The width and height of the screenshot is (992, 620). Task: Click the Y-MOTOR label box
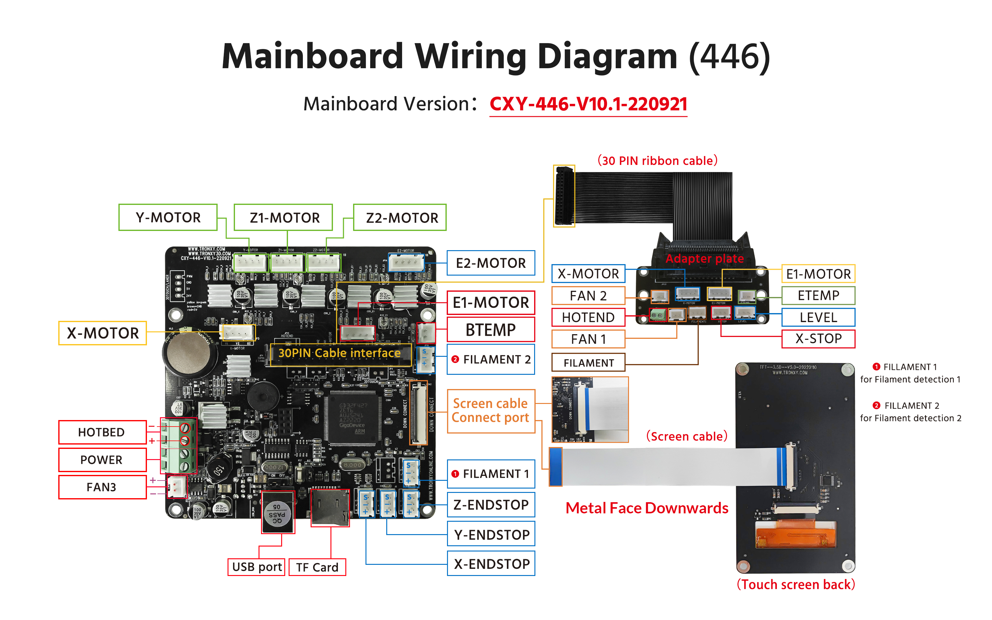tap(168, 217)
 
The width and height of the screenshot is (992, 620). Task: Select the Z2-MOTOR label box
tap(400, 217)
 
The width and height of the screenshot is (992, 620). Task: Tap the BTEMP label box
tap(491, 330)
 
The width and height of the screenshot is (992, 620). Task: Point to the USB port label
tap(257, 567)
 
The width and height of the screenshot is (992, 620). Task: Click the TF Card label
tap(317, 567)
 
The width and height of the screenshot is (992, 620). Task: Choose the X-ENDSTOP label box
tap(491, 564)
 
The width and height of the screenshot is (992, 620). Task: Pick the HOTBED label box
tap(102, 432)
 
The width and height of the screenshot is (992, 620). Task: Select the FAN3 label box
tap(102, 487)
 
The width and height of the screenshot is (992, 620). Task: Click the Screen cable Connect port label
tap(491, 411)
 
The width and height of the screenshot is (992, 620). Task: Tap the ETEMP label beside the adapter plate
tap(818, 295)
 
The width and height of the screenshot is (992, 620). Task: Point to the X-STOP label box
tap(818, 339)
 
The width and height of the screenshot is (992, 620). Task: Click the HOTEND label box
tap(588, 317)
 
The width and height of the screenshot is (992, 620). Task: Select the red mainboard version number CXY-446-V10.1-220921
tap(588, 104)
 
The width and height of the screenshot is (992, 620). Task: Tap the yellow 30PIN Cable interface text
tap(339, 353)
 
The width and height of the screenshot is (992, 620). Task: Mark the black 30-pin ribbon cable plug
tap(564, 196)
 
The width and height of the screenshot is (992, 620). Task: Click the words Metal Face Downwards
tap(647, 508)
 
